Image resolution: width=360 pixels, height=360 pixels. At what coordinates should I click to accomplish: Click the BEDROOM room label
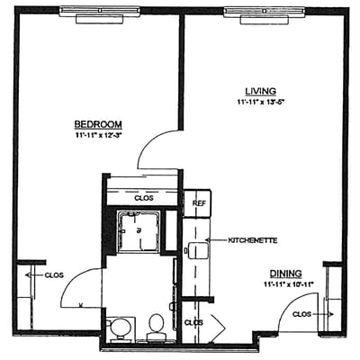point(98,123)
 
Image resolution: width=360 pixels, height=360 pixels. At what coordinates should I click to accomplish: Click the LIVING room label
point(260,91)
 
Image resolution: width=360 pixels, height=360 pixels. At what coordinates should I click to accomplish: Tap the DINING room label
point(283,273)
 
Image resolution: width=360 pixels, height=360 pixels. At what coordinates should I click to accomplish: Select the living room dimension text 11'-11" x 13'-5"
point(260,103)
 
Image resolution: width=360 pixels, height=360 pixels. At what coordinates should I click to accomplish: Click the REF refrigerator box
point(198,203)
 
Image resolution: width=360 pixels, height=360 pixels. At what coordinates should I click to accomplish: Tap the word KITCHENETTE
point(251,240)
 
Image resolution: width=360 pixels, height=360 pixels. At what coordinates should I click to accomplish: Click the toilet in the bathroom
point(157,325)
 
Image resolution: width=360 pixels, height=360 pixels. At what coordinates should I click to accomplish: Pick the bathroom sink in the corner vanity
point(120,326)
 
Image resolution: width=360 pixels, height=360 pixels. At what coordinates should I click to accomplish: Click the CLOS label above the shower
point(143,197)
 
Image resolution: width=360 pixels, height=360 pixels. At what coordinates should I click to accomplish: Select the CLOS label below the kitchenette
point(193,321)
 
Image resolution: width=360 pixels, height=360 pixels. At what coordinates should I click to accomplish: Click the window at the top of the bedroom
point(98,11)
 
